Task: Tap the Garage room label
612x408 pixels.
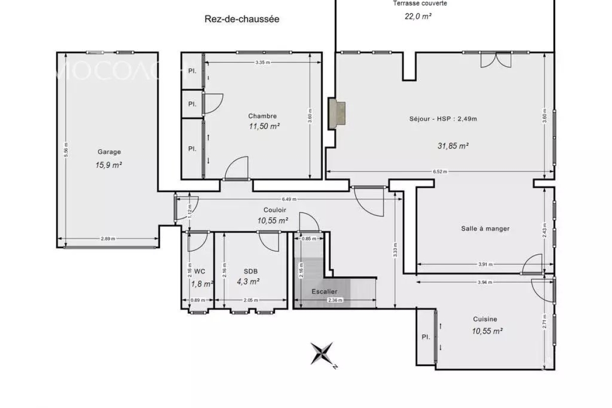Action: click(109, 151)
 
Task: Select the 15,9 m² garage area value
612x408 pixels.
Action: click(109, 165)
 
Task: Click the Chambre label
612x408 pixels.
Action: click(262, 116)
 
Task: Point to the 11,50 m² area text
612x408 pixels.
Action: click(264, 126)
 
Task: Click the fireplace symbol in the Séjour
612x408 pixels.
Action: click(337, 112)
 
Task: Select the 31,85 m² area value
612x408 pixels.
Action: click(453, 145)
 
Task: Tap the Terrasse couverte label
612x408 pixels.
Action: click(420, 4)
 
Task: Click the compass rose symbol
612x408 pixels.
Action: click(322, 353)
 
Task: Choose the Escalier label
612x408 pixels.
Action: click(324, 291)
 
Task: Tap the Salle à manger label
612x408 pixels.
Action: click(485, 228)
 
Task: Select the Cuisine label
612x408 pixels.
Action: click(484, 319)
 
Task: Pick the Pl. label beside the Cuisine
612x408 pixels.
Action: click(425, 337)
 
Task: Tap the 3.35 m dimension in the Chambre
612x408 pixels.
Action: click(263, 62)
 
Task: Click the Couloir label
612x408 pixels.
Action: click(274, 210)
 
